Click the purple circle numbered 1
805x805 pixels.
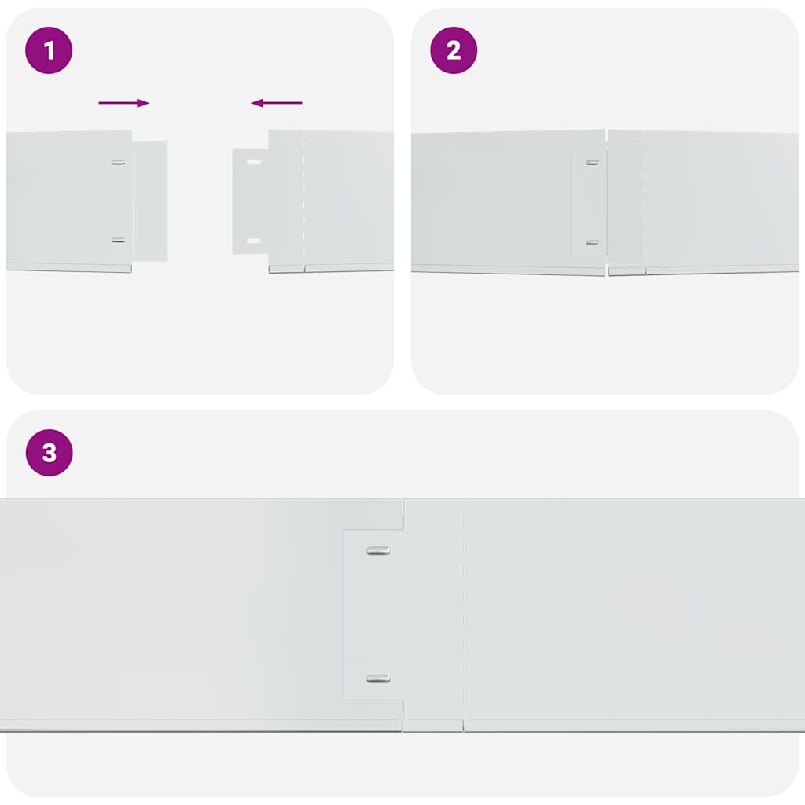tap(49, 50)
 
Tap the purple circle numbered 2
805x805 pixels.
tap(454, 50)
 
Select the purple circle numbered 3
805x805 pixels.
tap(49, 453)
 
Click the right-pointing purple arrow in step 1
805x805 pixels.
tap(123, 103)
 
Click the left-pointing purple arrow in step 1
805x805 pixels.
tap(277, 103)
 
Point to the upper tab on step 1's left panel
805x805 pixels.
tap(118, 163)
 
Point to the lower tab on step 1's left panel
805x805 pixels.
tap(118, 240)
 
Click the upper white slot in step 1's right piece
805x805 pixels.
tap(253, 163)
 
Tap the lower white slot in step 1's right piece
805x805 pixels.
tap(253, 240)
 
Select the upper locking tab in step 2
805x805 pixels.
tap(592, 163)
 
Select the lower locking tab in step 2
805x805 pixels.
tap(592, 243)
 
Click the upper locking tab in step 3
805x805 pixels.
tap(378, 551)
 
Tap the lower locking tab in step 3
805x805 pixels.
tap(378, 678)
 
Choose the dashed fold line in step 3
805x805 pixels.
tap(465, 613)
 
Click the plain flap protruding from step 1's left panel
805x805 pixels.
tap(150, 200)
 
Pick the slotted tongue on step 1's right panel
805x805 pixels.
tap(251, 201)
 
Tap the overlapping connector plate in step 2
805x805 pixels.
tap(589, 202)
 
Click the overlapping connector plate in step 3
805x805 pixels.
tap(373, 614)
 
